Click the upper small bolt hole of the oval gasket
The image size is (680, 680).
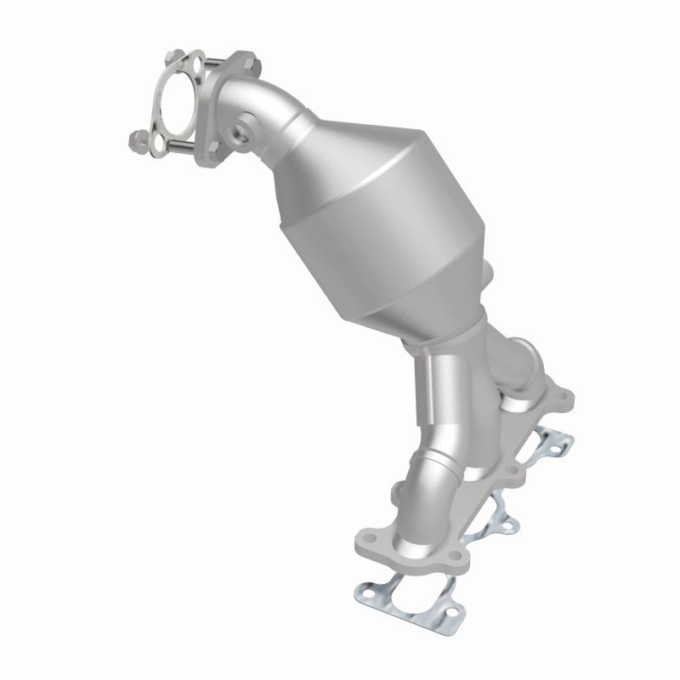point(195,65)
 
